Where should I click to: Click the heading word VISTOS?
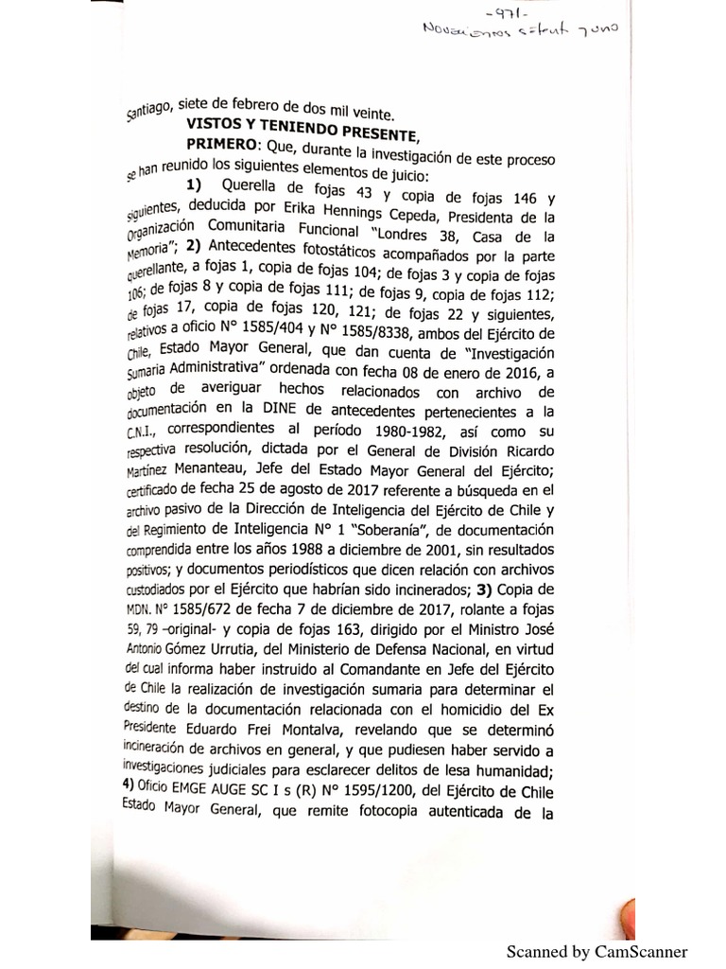pos(217,124)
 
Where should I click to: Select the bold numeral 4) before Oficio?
pos(130,786)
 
